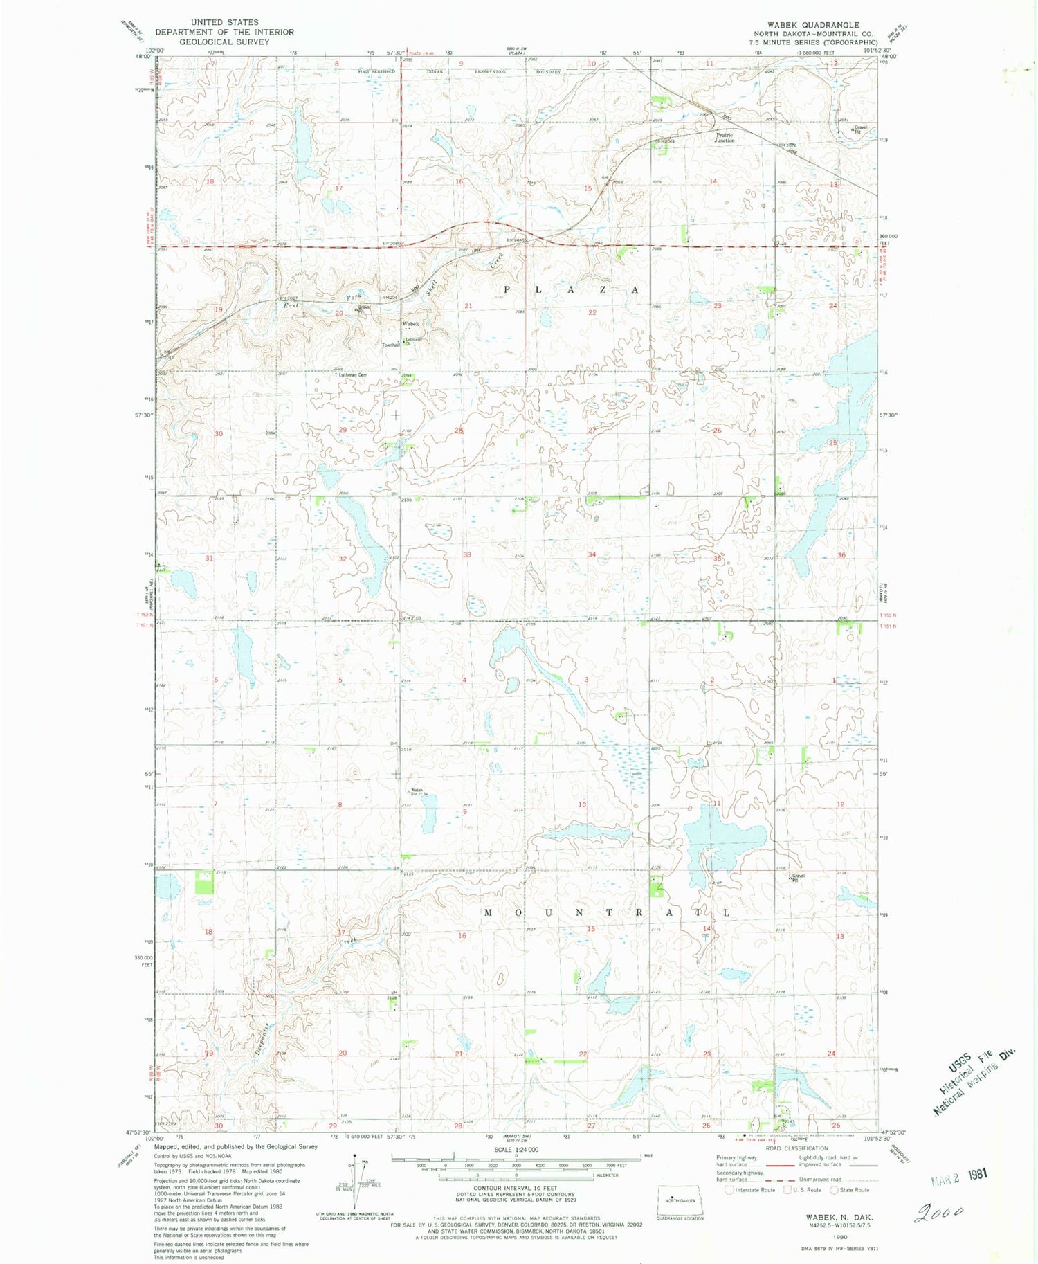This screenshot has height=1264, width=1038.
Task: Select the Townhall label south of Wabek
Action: coord(391,345)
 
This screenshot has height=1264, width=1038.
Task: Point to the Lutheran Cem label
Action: coord(353,374)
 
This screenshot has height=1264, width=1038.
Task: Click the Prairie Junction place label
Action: coord(725,138)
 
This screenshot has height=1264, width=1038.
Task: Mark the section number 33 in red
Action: coord(467,554)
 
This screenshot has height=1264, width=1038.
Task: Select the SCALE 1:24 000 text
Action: coord(516,1150)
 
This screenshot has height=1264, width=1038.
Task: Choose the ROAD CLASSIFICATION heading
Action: coord(796,1148)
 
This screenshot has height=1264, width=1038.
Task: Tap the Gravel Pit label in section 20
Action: coord(364,309)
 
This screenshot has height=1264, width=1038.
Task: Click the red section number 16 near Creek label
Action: coord(462,935)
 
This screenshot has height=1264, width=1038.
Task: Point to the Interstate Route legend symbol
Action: coord(729,1190)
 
